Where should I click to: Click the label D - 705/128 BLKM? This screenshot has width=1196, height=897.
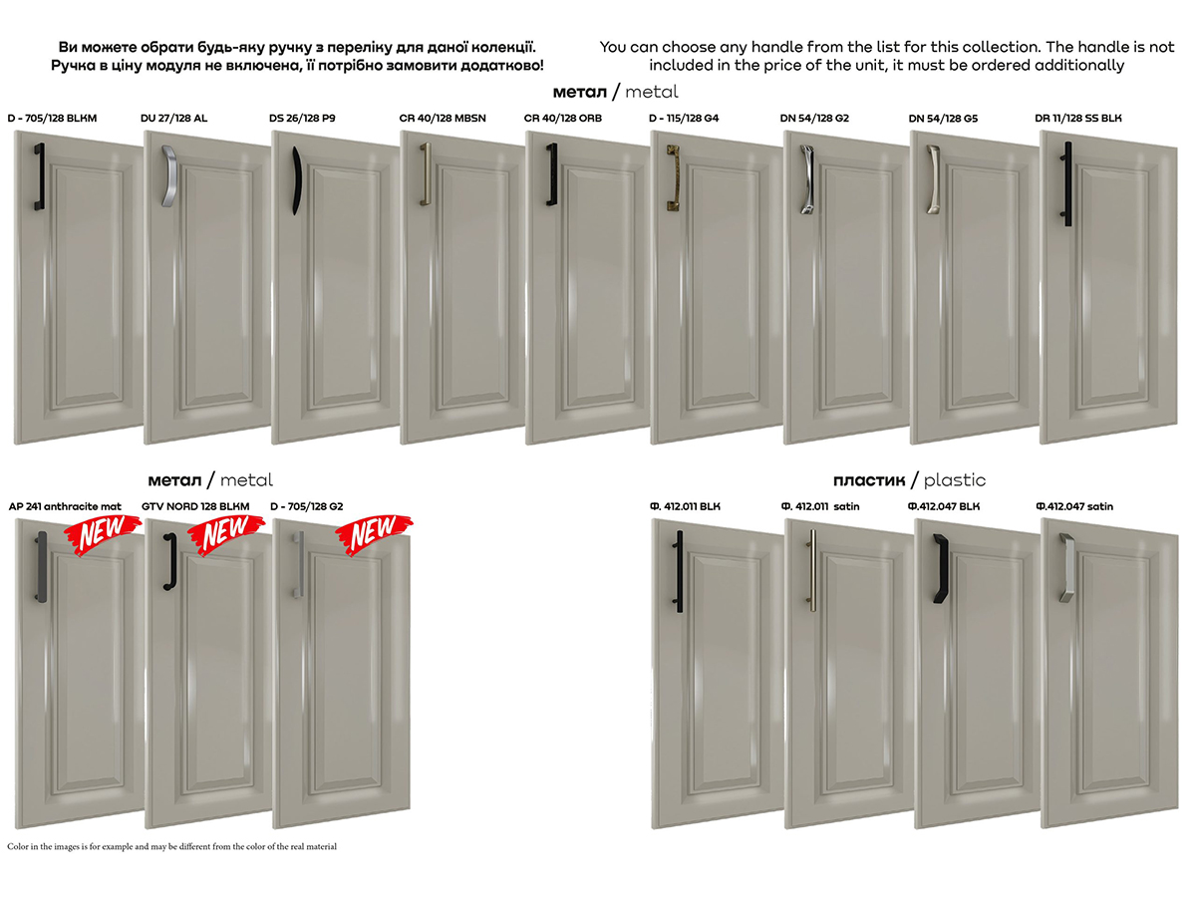click(52, 119)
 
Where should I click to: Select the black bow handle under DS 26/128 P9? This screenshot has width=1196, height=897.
click(296, 180)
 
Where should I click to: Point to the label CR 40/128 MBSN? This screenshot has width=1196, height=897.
click(442, 119)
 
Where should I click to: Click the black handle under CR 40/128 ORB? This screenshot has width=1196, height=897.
click(552, 174)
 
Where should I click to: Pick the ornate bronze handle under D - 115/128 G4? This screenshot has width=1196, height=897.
click(674, 177)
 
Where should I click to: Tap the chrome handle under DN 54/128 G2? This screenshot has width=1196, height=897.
click(807, 179)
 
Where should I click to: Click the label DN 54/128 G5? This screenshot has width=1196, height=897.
click(943, 119)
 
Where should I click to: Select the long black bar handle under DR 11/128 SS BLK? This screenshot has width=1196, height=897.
click(1066, 184)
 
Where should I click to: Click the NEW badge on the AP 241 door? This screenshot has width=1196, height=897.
click(103, 534)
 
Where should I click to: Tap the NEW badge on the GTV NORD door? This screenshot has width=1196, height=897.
click(226, 534)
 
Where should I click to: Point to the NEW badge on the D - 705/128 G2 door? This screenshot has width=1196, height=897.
click(374, 534)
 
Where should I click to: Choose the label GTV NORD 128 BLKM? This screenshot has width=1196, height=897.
click(195, 506)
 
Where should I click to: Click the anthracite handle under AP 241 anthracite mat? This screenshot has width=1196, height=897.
click(42, 567)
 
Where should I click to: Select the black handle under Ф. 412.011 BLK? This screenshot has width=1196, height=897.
click(679, 571)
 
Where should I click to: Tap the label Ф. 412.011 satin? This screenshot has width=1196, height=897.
click(820, 506)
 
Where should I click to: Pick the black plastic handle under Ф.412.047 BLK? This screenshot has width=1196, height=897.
click(941, 568)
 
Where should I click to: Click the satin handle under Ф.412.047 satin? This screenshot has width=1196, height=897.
click(1067, 568)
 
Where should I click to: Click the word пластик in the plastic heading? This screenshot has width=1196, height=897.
click(868, 480)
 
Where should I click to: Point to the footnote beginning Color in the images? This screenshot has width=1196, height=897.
click(171, 846)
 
